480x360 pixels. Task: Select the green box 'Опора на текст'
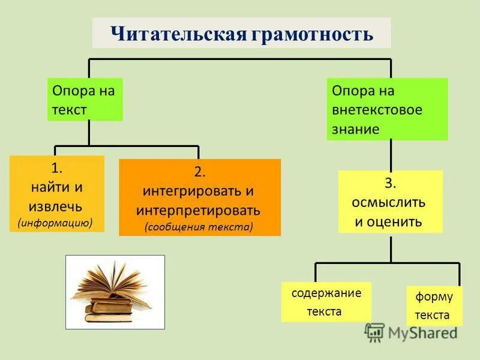85,100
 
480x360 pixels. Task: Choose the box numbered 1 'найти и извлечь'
57,194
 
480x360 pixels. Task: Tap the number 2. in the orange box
200,172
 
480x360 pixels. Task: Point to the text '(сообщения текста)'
199,227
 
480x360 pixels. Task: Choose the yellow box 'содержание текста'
326,302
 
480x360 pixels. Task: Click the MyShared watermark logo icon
374,332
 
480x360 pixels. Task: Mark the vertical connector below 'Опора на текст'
89,133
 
